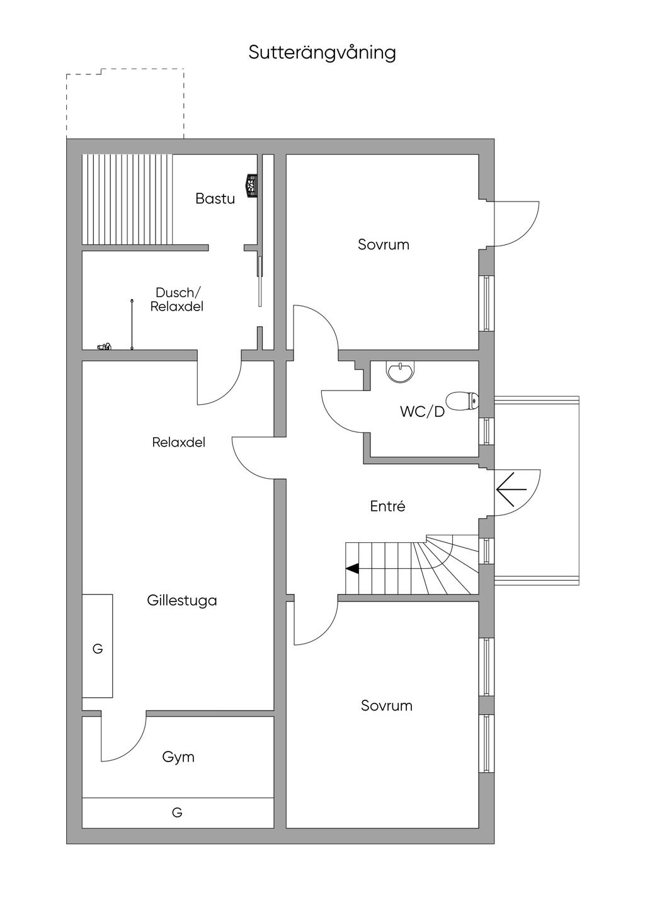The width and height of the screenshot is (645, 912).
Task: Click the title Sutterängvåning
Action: [322, 52]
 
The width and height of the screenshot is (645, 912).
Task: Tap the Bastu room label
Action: [215, 199]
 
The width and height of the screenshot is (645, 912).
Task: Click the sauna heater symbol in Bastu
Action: [253, 186]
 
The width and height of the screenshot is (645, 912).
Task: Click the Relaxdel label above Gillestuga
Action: [178, 442]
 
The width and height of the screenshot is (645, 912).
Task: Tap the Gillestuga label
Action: [182, 600]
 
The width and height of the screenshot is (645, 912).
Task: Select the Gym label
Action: [178, 757]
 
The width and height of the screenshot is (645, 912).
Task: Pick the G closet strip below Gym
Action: [178, 812]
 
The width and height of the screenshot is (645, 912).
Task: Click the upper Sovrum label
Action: [383, 244]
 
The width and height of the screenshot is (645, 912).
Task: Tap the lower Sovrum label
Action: [386, 705]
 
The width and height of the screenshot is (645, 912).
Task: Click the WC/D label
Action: [422, 412]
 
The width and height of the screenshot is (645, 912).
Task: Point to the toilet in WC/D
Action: [462, 401]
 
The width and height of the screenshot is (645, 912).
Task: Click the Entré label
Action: [387, 506]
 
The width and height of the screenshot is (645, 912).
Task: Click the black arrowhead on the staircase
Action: [352, 568]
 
